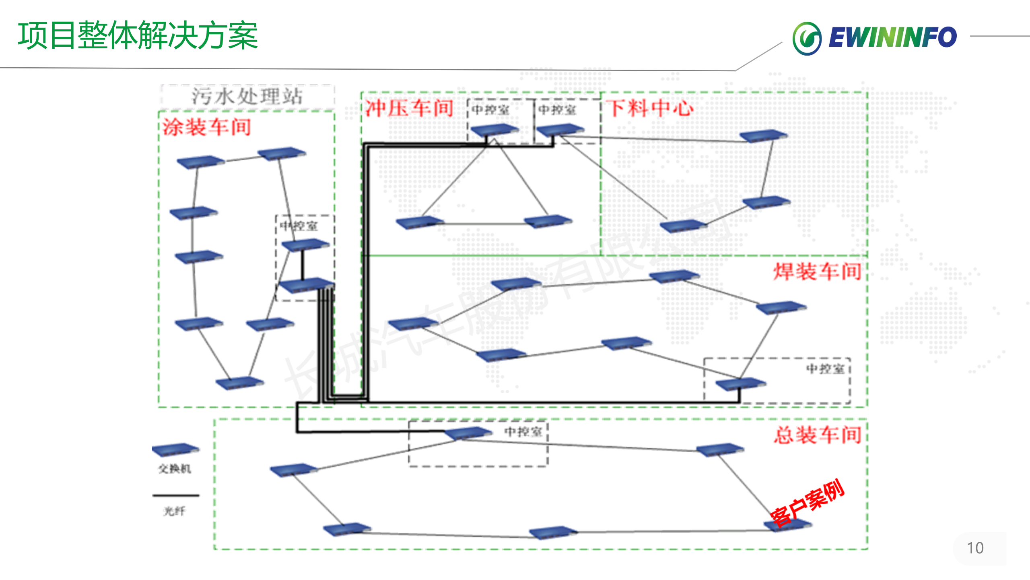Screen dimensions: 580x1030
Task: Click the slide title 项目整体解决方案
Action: point(138,36)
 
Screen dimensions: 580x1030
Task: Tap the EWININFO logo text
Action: point(892,37)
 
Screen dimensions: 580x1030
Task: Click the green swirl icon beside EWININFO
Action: point(807,38)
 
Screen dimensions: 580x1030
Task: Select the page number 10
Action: point(975,548)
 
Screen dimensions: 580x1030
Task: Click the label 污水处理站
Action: point(247,97)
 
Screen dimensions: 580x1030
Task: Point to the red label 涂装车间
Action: point(207,127)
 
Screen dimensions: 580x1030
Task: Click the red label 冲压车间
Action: point(409,108)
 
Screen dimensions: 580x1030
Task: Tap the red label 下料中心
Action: point(650,108)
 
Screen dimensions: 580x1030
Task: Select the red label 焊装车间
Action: point(817,271)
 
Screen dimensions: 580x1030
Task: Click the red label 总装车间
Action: point(818,435)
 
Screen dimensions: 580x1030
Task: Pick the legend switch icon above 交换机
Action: point(175,449)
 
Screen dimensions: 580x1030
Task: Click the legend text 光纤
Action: point(175,512)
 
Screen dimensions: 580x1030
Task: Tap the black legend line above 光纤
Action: point(176,495)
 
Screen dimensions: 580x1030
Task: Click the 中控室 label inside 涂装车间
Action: point(299,226)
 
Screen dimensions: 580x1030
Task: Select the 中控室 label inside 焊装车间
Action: point(825,369)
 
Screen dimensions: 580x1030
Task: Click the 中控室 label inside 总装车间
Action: point(523,432)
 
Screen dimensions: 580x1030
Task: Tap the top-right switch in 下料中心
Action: point(763,135)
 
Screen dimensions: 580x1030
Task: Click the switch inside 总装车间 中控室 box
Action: point(468,433)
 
